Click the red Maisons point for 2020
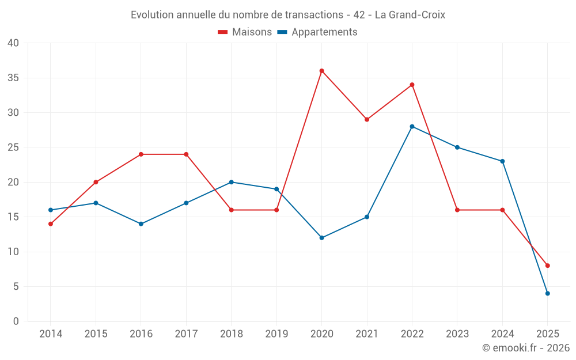point(321,71)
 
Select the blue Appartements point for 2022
point(412,127)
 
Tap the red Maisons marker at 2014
point(51,224)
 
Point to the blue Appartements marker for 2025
point(547,293)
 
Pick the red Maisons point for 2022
point(412,85)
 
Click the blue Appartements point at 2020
point(321,238)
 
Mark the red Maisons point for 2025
point(547,266)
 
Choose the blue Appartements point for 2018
point(232,182)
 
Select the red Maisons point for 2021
point(367,120)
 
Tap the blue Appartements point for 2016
point(141,224)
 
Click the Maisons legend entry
point(245,32)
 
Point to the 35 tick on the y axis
point(13,78)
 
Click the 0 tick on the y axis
point(16,321)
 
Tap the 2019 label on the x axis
point(276,334)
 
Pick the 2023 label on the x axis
point(457,334)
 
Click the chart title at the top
point(288,15)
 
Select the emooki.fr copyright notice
point(525,348)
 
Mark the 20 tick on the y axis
point(13,182)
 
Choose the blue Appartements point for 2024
point(502,161)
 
